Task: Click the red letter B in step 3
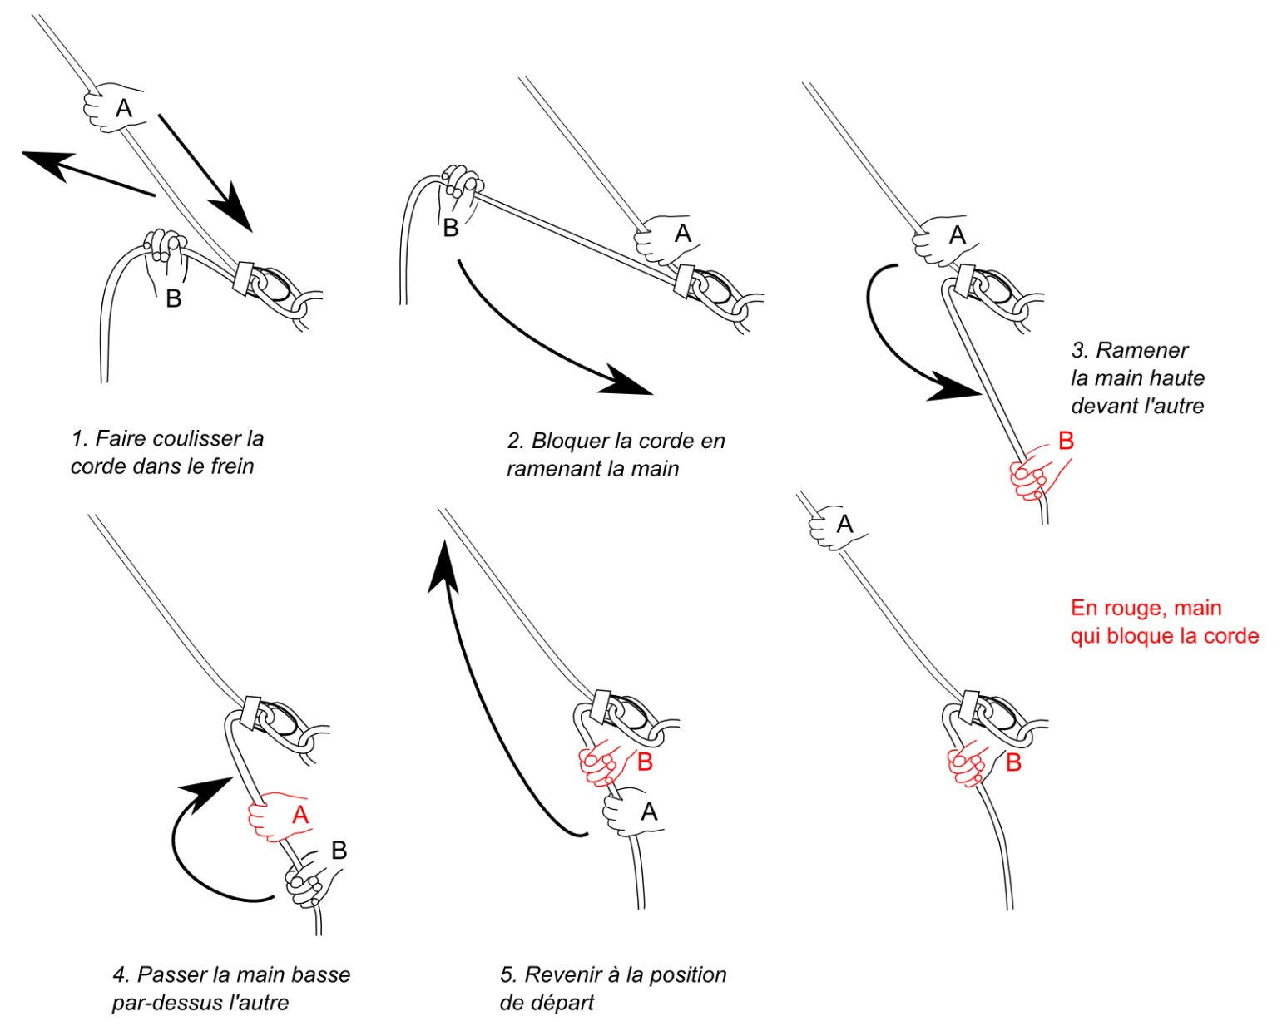(1066, 441)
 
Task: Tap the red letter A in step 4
(300, 814)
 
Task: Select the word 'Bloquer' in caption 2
(570, 441)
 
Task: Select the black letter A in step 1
(123, 107)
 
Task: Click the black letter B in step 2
(450, 228)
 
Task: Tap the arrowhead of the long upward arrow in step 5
(442, 565)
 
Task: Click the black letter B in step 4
(339, 850)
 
